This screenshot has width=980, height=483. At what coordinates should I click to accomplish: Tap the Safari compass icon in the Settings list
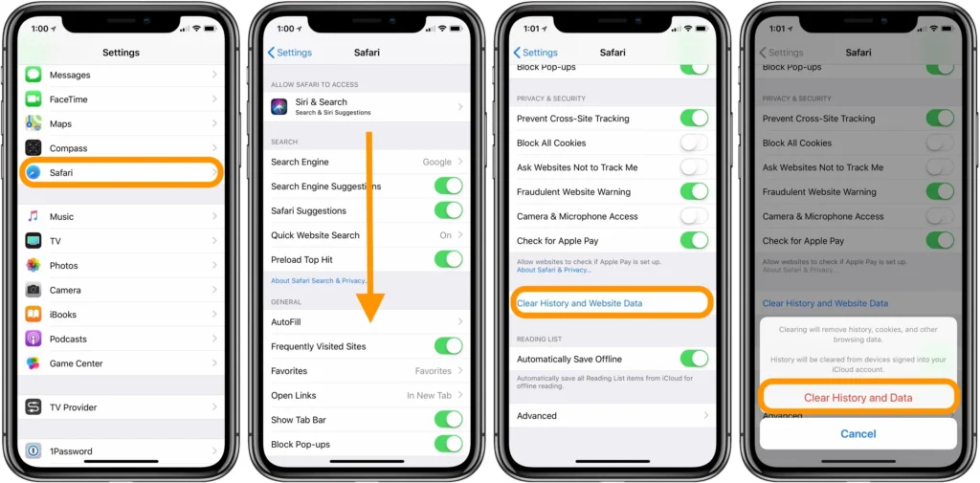point(33,173)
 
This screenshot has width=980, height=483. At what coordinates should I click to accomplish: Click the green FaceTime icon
point(33,99)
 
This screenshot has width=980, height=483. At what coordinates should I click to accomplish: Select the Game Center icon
point(33,363)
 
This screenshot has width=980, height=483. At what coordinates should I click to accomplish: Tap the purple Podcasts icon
point(33,340)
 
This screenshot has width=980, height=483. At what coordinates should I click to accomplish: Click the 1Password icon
point(33,451)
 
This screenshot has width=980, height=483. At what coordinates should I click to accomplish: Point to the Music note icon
point(33,217)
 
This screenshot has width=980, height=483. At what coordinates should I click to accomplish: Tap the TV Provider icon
point(33,407)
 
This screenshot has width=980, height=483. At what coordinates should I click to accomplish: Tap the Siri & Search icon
point(279,107)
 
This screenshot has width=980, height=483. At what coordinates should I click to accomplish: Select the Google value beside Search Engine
point(436,163)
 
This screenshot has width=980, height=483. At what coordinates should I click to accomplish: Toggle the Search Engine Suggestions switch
point(448,187)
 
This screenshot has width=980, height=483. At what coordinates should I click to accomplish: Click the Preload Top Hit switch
point(448,259)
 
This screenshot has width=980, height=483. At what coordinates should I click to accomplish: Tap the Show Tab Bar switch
point(448,419)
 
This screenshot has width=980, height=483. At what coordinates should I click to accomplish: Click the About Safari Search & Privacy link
point(318,281)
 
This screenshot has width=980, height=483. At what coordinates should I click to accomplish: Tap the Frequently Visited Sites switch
point(448,346)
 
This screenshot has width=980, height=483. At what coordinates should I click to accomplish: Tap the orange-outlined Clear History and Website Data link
point(580,303)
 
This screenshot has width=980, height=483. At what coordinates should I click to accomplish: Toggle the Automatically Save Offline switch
point(694,359)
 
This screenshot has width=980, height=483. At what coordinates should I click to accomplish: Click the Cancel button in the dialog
point(857,433)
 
